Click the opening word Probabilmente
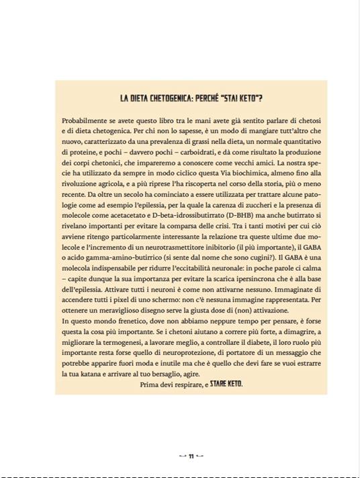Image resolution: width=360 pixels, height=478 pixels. (87, 120)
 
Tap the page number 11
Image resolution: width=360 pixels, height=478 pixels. (191, 456)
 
